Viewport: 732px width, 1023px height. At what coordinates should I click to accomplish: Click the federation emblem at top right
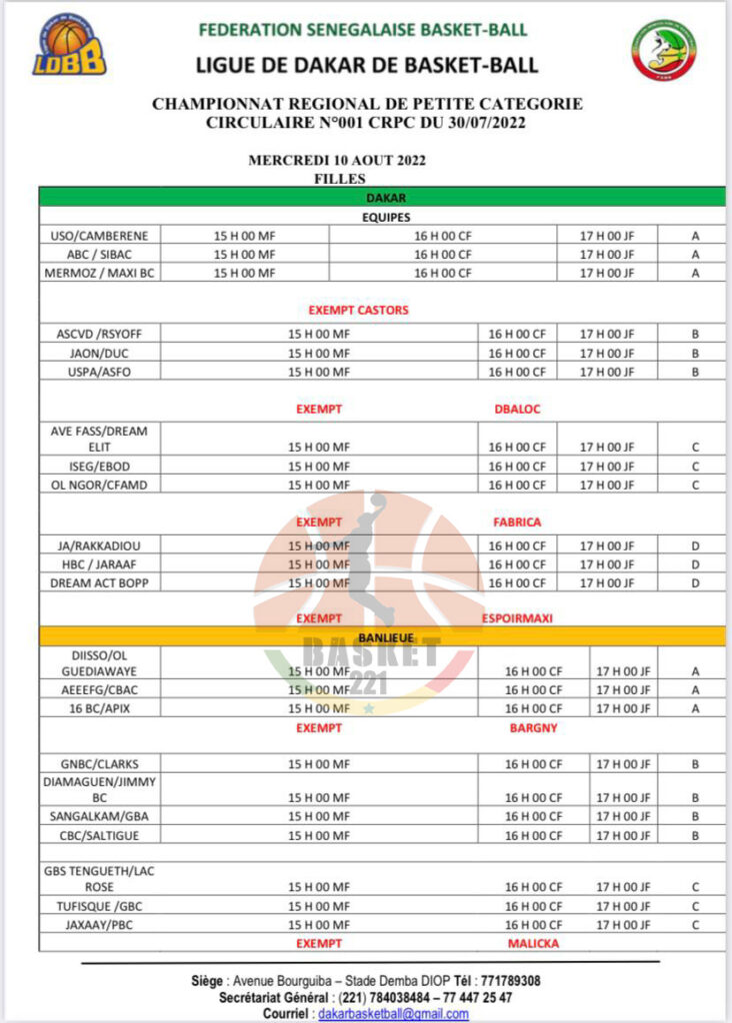point(663,50)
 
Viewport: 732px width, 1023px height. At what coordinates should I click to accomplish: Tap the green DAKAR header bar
point(385,198)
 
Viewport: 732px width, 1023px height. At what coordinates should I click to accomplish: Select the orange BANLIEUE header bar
point(385,636)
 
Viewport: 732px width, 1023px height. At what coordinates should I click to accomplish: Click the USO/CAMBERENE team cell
point(99,236)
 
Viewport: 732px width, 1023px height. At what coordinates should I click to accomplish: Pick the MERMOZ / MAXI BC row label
point(99,273)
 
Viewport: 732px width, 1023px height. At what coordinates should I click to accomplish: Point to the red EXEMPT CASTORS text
point(358,310)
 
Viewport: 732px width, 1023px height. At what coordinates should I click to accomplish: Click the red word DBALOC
point(517,410)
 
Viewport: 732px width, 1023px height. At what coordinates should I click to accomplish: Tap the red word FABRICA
point(517,522)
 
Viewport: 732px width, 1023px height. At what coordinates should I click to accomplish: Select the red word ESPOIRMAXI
point(517,618)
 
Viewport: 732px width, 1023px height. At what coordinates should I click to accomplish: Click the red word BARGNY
point(533,728)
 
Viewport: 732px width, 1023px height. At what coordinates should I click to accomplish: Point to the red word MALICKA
point(533,943)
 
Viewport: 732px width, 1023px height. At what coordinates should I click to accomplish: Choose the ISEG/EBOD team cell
point(99,467)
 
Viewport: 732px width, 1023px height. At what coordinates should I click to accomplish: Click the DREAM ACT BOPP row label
point(99,582)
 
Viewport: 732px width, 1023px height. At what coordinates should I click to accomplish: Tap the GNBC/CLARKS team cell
point(99,764)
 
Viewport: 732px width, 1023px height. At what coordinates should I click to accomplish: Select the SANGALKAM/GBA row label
point(99,816)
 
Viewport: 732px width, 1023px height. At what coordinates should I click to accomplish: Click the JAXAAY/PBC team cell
point(99,925)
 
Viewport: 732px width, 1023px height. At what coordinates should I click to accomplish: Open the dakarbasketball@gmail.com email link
point(392,1014)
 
